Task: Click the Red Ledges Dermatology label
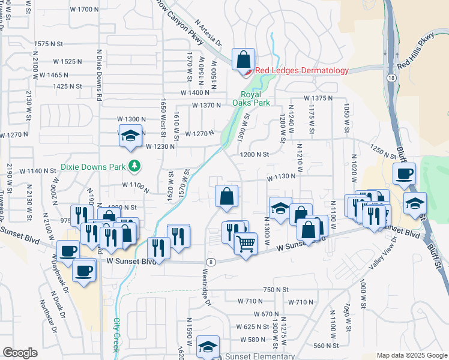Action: (302, 70)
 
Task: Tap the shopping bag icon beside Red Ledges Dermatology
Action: (243, 60)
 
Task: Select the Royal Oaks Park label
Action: (256, 98)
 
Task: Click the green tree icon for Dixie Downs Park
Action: (136, 165)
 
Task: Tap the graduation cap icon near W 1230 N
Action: (130, 137)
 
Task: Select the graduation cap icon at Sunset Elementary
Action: (208, 347)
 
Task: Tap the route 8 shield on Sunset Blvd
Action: (211, 262)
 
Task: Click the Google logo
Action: (20, 353)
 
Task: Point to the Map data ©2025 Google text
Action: (411, 355)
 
